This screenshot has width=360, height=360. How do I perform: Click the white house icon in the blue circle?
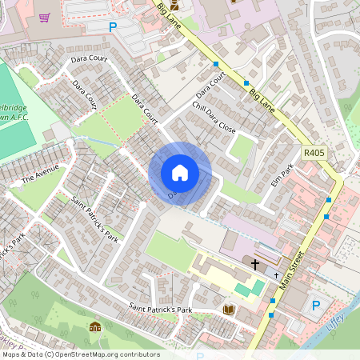click(180, 172)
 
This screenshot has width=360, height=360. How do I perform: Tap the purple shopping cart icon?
click(44, 17)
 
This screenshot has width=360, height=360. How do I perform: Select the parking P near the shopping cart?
click(113, 26)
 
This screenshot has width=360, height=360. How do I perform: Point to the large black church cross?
click(256, 263)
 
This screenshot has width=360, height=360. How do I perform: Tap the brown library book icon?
click(229, 310)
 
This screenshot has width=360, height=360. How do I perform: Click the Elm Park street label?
click(283, 175)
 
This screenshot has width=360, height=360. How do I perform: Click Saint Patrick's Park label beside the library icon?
click(163, 308)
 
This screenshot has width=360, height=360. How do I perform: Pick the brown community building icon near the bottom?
click(95, 326)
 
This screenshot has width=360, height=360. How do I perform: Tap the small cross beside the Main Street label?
click(277, 275)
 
